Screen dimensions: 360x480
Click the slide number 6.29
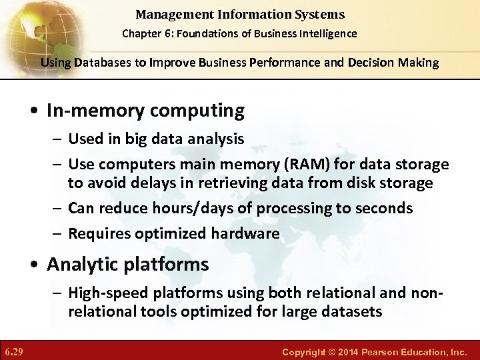(13, 350)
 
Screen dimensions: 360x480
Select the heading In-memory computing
(145, 111)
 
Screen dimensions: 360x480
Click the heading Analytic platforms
(127, 265)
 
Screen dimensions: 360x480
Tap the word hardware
(247, 233)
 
